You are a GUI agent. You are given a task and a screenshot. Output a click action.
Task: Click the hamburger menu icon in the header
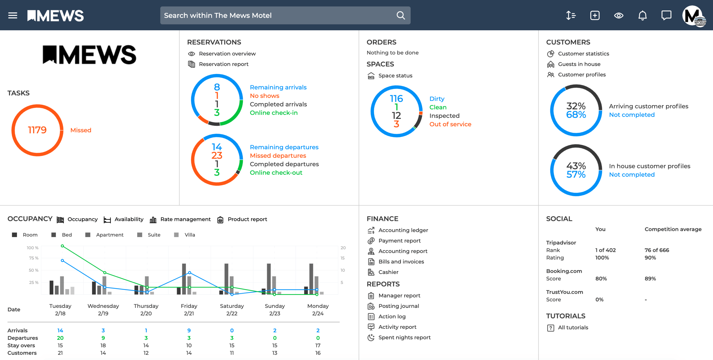tap(12, 16)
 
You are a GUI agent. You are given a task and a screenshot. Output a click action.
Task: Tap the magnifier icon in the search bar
tap(401, 16)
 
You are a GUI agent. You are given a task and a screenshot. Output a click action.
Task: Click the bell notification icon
tap(642, 16)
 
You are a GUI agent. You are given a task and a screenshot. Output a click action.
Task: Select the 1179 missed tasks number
tap(37, 130)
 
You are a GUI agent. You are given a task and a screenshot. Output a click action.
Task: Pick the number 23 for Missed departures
tap(217, 155)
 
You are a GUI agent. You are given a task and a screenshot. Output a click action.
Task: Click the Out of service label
tap(450, 124)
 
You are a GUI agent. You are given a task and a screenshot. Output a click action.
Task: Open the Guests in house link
tap(579, 64)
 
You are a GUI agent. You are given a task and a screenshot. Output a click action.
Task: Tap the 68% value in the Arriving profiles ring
tap(576, 115)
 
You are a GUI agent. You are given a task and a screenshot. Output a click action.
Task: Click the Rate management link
tap(185, 219)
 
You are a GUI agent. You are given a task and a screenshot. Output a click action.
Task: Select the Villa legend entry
tap(190, 235)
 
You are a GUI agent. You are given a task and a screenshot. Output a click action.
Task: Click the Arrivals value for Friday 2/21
tap(189, 330)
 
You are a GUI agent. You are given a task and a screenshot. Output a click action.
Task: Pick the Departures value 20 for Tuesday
tap(60, 338)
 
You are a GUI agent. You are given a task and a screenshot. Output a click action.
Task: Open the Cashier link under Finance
tap(388, 272)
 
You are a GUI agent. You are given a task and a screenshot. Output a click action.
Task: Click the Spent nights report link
tap(404, 337)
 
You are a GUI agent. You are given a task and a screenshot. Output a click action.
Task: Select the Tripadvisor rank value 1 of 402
tap(605, 250)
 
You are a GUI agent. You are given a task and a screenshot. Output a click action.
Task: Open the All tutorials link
tap(573, 327)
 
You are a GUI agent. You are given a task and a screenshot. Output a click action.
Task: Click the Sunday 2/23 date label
tap(275, 310)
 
